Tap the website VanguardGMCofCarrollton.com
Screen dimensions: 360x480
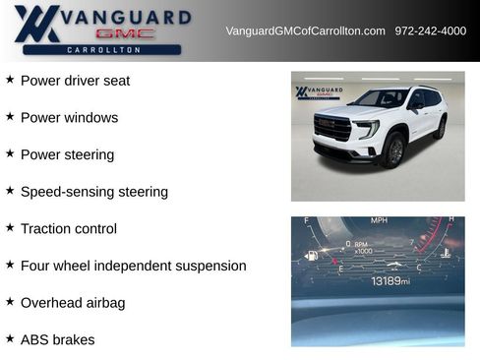pos(305,30)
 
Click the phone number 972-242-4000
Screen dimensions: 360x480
pos(430,30)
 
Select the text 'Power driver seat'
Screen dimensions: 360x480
pos(75,81)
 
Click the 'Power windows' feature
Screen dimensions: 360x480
pos(69,118)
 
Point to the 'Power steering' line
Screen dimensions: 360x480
pos(67,154)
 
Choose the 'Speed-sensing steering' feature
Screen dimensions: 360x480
pos(94,192)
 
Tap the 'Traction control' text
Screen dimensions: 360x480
pos(69,228)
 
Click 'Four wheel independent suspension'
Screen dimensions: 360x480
pos(133,266)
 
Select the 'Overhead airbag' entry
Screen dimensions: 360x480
pos(73,303)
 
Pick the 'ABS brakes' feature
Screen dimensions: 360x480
pos(58,339)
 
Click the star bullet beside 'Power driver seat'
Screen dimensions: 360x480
pos(10,80)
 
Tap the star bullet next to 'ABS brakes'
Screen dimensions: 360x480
pos(10,338)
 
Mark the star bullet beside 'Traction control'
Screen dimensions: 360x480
pos(10,227)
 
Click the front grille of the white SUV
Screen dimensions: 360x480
pos(332,128)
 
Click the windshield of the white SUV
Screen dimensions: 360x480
pos(380,99)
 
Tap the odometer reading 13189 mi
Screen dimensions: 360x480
pos(390,281)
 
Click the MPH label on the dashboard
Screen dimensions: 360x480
pos(379,220)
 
